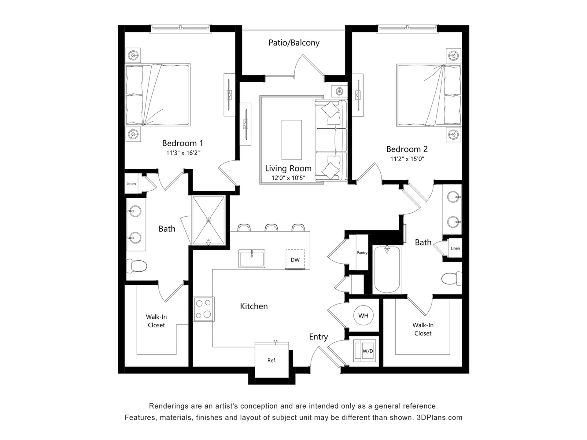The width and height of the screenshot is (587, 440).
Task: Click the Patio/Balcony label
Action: pyautogui.click(x=294, y=43)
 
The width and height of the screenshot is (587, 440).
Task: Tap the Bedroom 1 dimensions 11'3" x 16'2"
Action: pyautogui.click(x=183, y=153)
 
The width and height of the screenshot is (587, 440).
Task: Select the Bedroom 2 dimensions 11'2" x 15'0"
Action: pyautogui.click(x=407, y=159)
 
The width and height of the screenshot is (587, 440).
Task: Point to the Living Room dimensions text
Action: pyautogui.click(x=288, y=178)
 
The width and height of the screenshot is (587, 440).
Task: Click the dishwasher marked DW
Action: pyautogui.click(x=295, y=260)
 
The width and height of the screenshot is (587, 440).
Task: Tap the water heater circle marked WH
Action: pyautogui.click(x=363, y=316)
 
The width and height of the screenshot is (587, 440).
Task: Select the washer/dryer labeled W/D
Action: pyautogui.click(x=365, y=351)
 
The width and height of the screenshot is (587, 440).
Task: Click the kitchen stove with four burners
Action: pyautogui.click(x=204, y=309)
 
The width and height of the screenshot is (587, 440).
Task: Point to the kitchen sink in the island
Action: pyautogui.click(x=252, y=258)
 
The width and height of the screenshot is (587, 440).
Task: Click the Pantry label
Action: pyautogui.click(x=362, y=253)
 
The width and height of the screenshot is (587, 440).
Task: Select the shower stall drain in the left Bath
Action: pyautogui.click(x=209, y=220)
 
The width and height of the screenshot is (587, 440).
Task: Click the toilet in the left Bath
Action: pyautogui.click(x=137, y=266)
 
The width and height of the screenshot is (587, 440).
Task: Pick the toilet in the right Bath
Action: pyautogui.click(x=452, y=278)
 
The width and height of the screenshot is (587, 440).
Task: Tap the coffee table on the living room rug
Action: pyautogui.click(x=291, y=140)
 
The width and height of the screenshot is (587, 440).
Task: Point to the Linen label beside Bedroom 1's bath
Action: pyautogui.click(x=131, y=184)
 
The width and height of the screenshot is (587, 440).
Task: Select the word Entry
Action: pyautogui.click(x=318, y=337)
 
